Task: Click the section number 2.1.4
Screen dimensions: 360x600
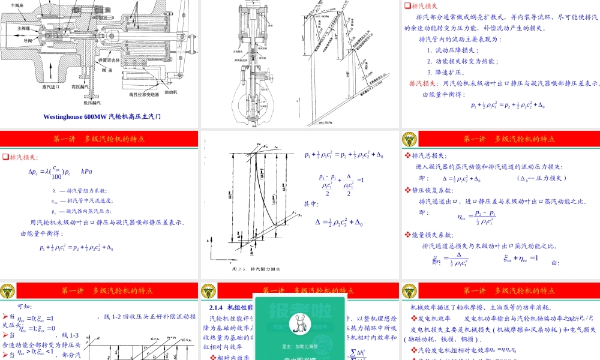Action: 216,308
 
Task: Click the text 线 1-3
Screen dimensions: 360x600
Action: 65,335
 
